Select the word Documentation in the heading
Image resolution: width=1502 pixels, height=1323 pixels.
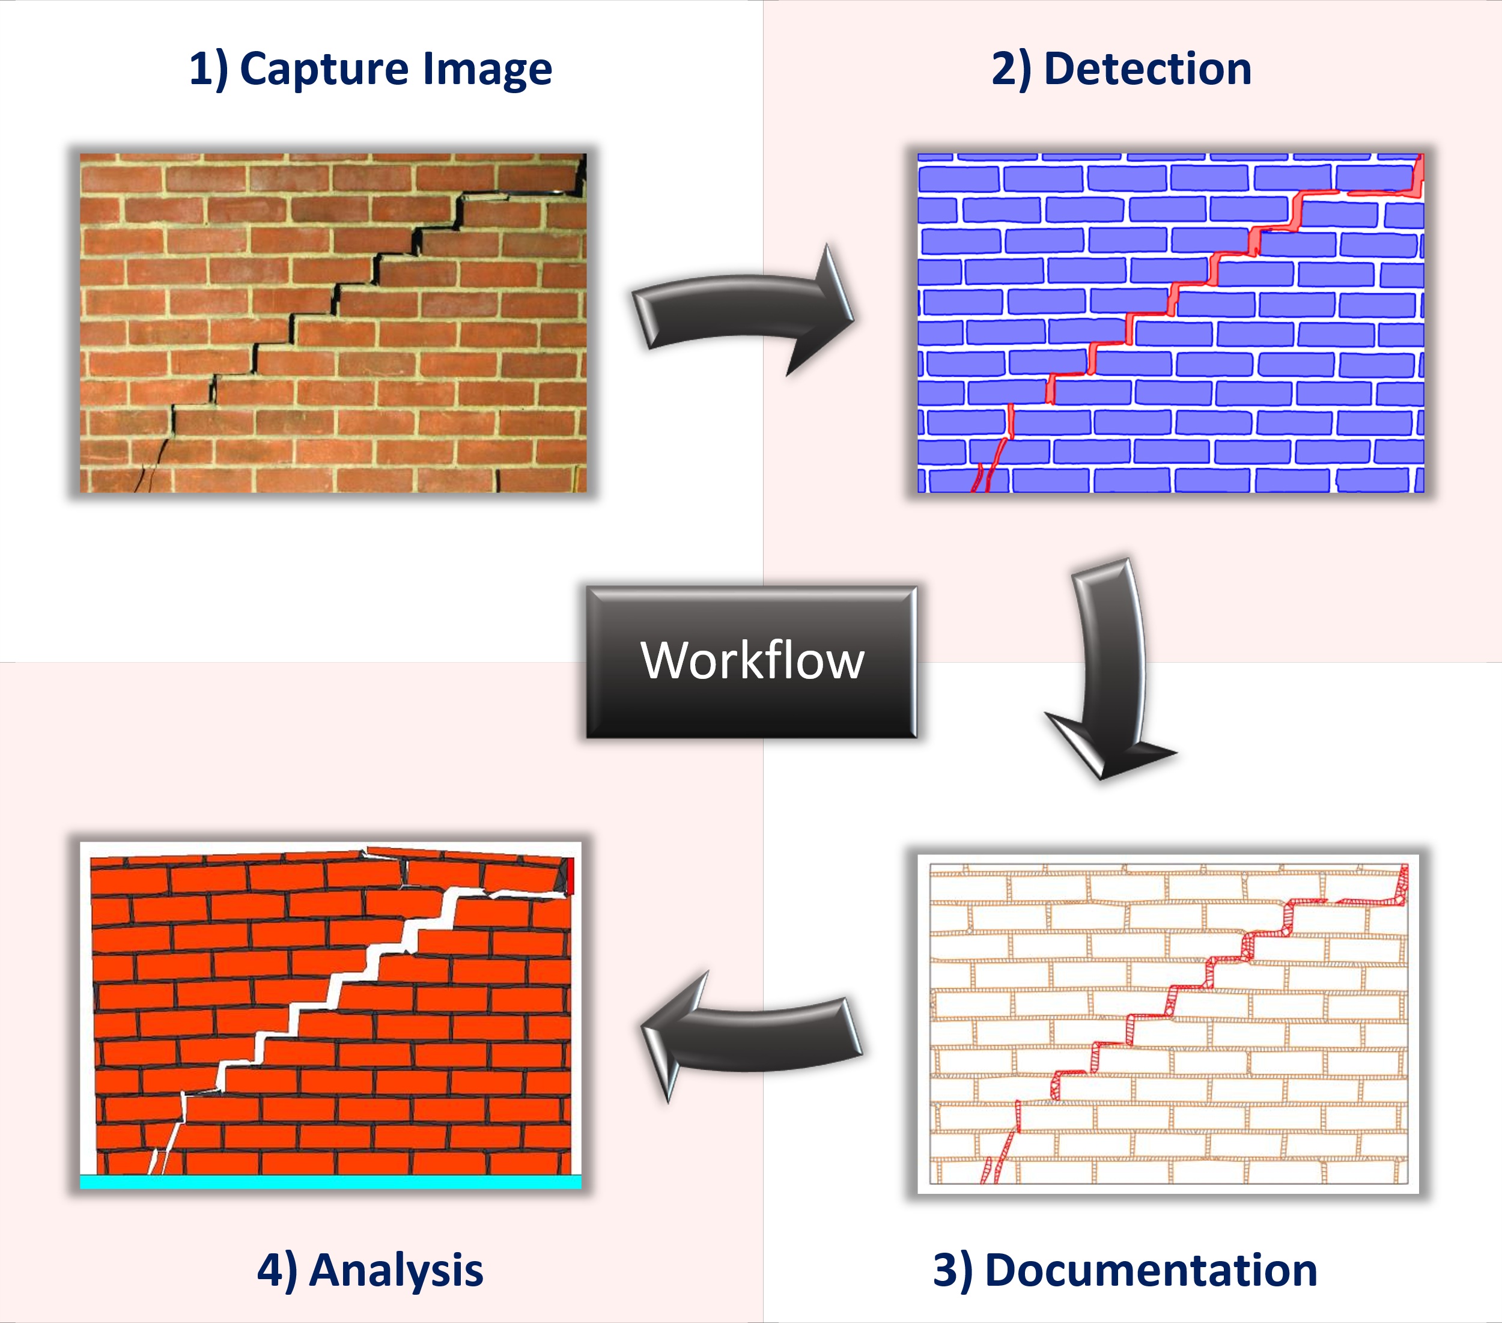1150,1270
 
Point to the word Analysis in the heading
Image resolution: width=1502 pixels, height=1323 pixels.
396,1270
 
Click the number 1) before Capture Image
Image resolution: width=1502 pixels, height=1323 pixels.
208,70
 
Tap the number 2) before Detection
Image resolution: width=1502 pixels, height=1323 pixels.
1011,70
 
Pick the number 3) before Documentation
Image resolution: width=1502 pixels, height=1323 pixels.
952,1270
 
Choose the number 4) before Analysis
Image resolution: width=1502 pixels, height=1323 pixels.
277,1270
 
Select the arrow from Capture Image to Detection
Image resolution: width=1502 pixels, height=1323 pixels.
742,309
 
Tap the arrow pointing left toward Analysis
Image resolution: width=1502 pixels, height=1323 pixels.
750,1036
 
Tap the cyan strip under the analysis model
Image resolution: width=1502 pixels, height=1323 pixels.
330,1182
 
